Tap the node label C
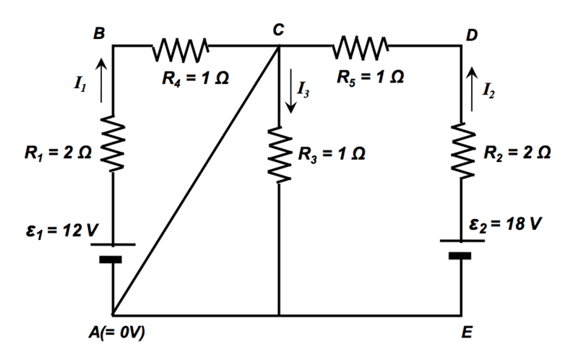(x=279, y=30)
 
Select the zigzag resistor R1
(x=113, y=144)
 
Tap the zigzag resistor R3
(x=280, y=154)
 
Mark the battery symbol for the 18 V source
(x=461, y=250)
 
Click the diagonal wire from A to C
(x=196, y=181)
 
